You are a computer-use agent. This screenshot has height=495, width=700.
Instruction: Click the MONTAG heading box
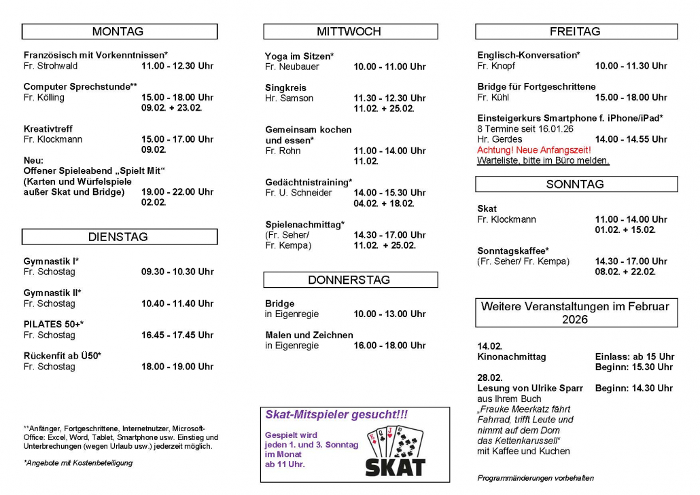coord(119,32)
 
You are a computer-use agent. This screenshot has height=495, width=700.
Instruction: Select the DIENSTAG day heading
coord(119,237)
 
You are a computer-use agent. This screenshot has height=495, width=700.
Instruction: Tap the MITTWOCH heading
coord(350,32)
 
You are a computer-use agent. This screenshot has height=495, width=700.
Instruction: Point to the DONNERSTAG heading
coord(350,280)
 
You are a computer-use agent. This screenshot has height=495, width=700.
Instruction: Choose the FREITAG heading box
coord(576,32)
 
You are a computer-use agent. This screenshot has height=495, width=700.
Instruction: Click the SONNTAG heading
coord(576,184)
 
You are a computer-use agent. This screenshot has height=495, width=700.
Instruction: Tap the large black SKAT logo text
coord(395,467)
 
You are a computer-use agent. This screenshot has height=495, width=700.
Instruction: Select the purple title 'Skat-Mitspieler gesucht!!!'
coord(336,415)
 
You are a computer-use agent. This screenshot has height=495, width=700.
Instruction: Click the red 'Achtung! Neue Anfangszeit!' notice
coord(534,150)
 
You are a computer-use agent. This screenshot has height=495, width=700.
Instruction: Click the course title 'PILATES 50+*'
coord(54,325)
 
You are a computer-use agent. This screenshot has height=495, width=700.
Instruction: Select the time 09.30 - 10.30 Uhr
coord(177,272)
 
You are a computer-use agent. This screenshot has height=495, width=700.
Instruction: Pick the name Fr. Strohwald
coord(50,66)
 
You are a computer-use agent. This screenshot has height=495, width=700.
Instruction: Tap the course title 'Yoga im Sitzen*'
coord(300,56)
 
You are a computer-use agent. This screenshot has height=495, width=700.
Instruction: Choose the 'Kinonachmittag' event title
coord(512,356)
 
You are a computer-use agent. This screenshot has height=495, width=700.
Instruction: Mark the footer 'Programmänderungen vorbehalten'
coord(536,478)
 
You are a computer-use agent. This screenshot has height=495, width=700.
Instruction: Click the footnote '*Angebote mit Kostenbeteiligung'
coord(78,463)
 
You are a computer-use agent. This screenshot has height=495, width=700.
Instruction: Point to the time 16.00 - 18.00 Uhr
coord(390,346)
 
